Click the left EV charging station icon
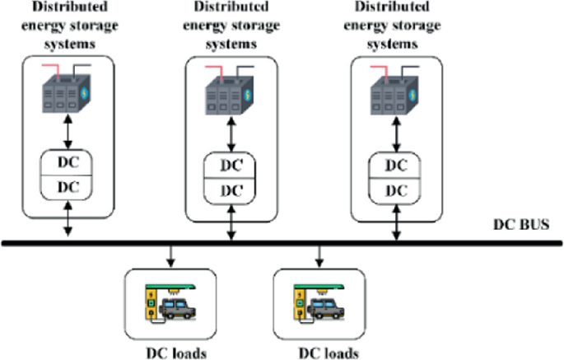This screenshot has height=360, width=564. coord(170,302)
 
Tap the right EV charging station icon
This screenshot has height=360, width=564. coord(319,302)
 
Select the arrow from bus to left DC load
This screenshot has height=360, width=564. coord(170,254)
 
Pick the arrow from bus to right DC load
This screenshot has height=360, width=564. coord(319,254)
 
